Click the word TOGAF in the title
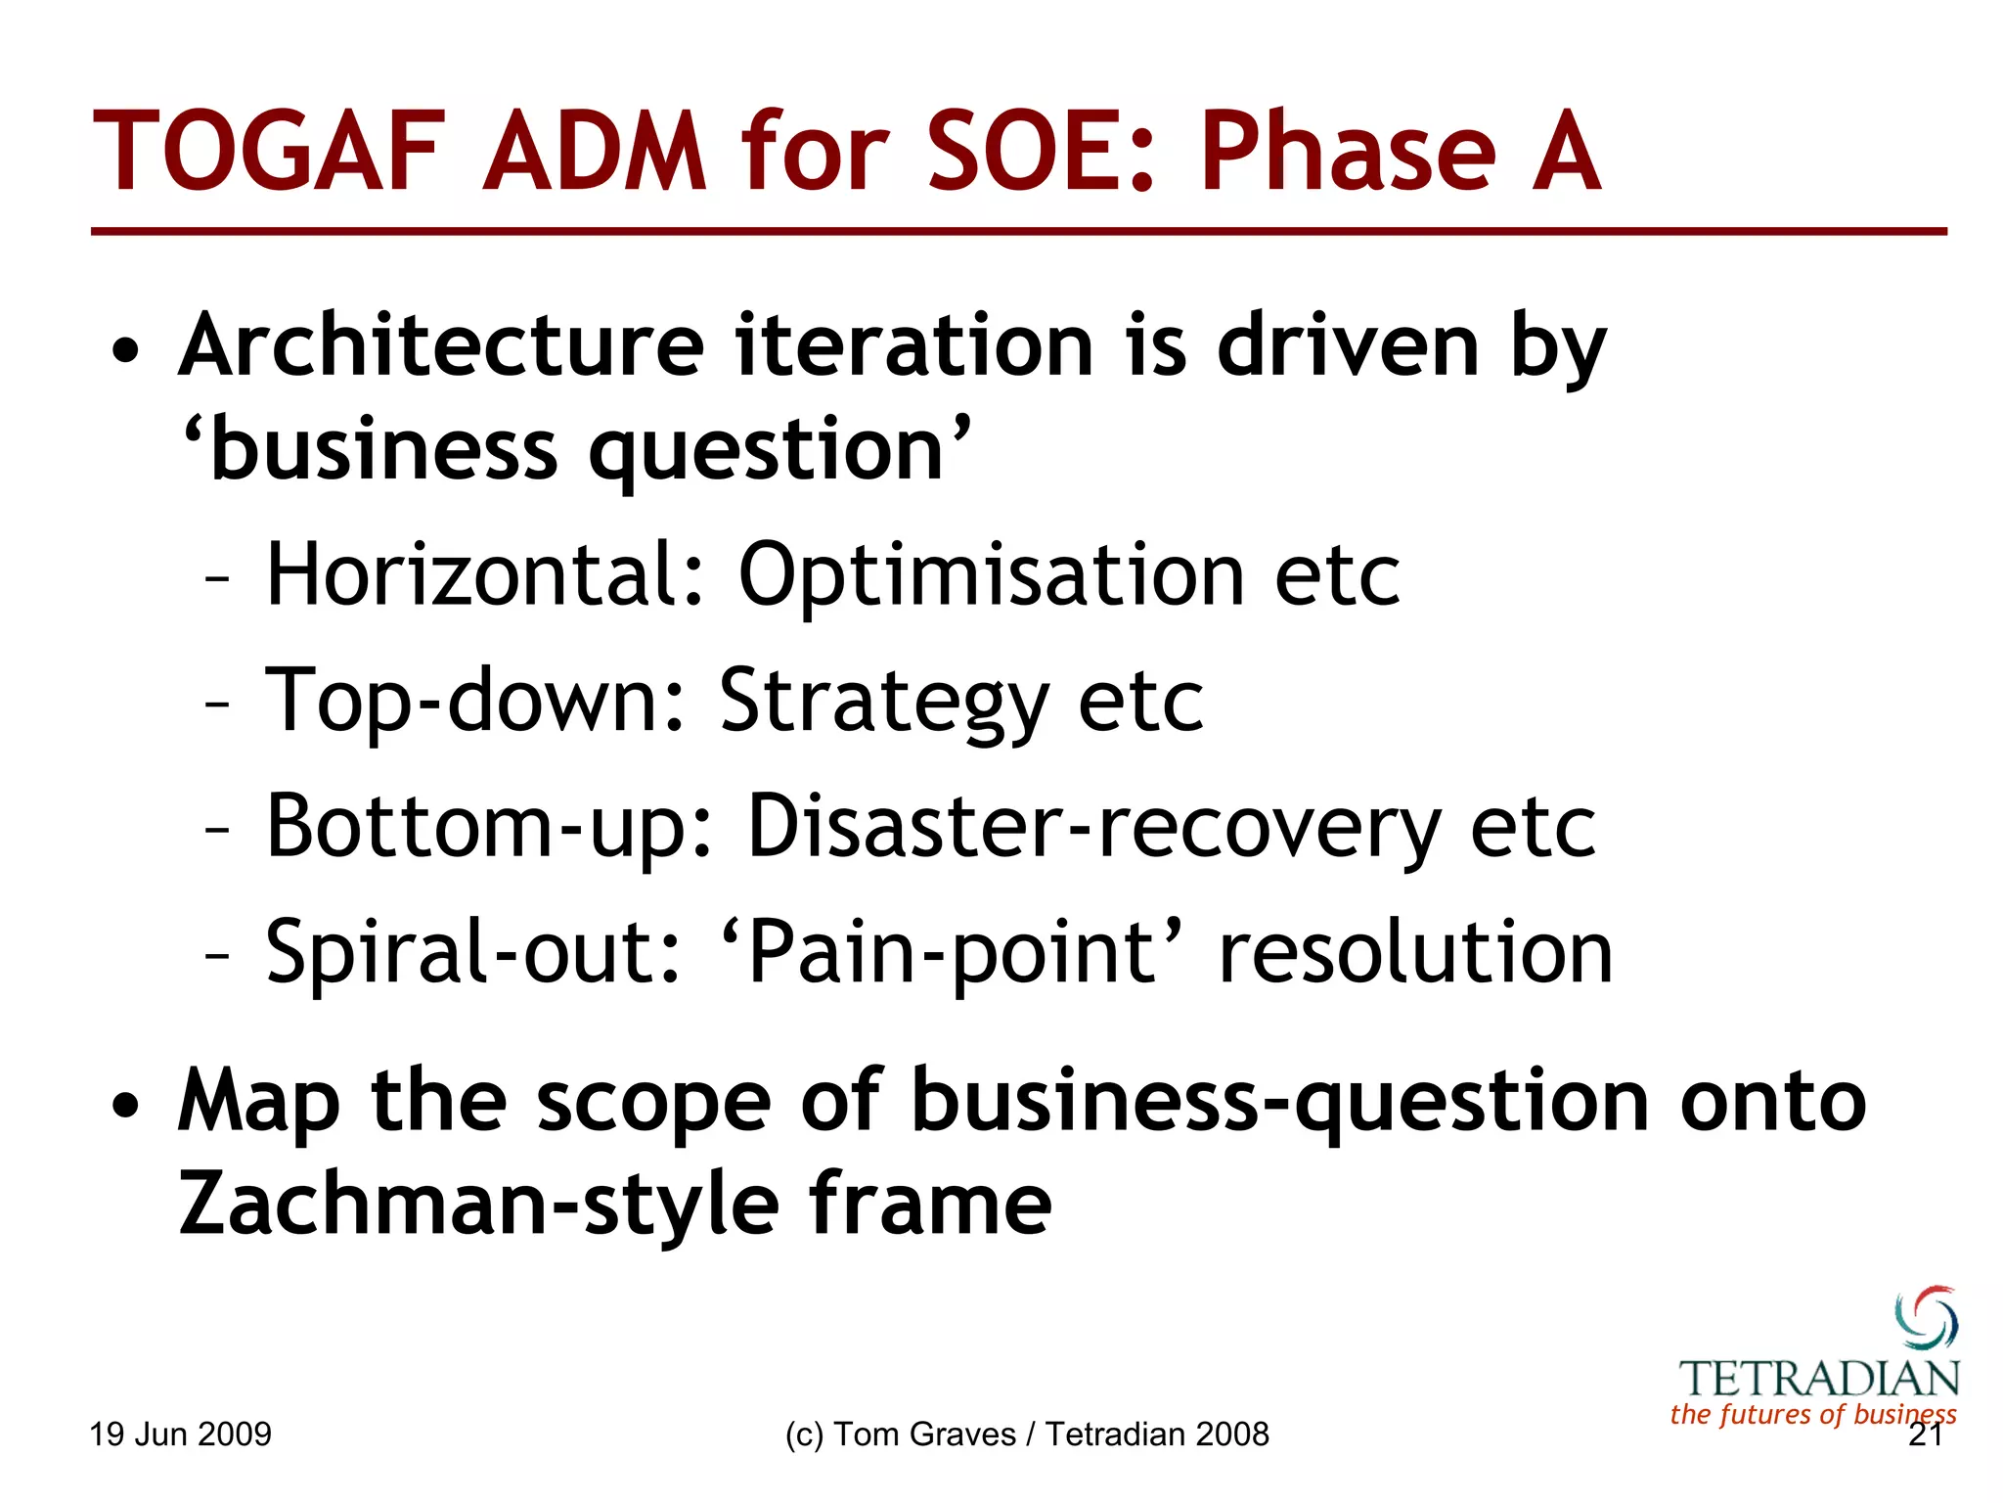268,152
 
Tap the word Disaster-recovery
1093,828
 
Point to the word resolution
1415,952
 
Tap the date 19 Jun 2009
180,1435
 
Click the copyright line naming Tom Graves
1027,1435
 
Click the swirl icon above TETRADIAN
1926,1317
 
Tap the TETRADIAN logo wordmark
1819,1379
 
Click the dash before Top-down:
217,705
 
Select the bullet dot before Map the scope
124,1106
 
